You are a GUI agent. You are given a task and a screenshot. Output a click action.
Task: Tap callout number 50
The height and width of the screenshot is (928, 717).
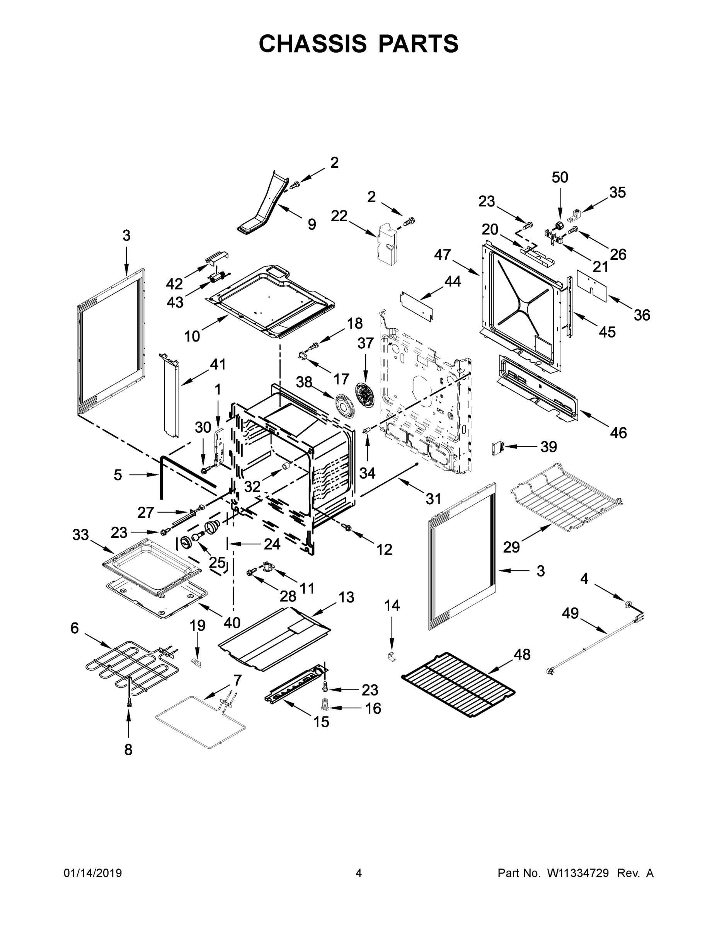[x=560, y=177]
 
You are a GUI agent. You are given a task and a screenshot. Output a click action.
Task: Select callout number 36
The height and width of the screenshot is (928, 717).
[x=642, y=315]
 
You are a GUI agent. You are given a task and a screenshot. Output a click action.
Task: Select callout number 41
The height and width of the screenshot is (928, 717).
[x=218, y=364]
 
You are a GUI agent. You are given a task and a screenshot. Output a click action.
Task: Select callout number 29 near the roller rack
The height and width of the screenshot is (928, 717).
[x=511, y=547]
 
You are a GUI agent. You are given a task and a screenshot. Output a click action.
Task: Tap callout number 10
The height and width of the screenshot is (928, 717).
[x=192, y=336]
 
